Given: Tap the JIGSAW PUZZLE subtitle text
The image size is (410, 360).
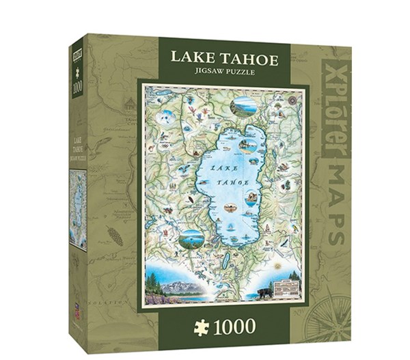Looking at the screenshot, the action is (219, 74).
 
